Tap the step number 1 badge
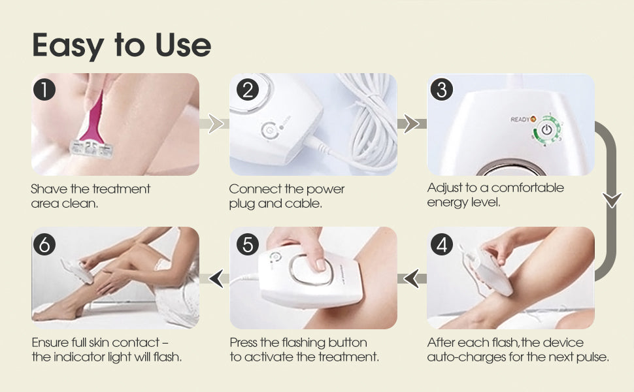click(x=44, y=90)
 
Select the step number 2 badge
click(x=248, y=90)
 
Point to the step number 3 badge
click(x=442, y=90)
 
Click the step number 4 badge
click(x=442, y=244)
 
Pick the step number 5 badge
click(x=248, y=244)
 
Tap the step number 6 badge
click(x=44, y=244)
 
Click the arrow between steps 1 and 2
click(x=214, y=123)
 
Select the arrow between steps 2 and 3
click(x=412, y=123)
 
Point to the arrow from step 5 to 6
click(x=214, y=279)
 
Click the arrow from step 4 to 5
click(x=412, y=279)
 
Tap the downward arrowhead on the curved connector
click(x=612, y=200)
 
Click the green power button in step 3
click(x=546, y=130)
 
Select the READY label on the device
click(x=520, y=119)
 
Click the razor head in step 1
click(x=92, y=149)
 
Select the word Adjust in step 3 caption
click(x=444, y=188)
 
